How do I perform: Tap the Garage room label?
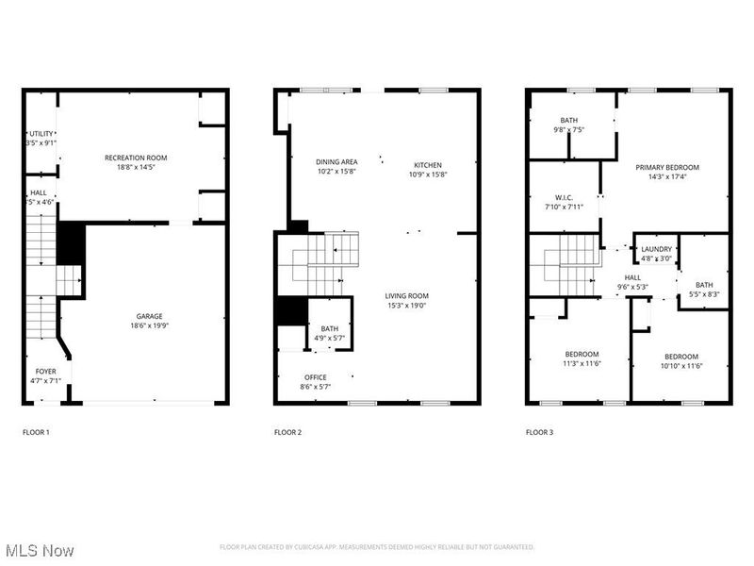click(x=149, y=316)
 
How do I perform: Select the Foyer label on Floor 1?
click(x=45, y=371)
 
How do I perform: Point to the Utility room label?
click(x=41, y=134)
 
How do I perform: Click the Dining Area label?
click(x=336, y=162)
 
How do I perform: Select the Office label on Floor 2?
click(x=315, y=376)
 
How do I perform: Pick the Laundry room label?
click(x=656, y=249)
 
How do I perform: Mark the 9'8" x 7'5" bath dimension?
click(x=568, y=130)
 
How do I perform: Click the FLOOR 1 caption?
click(x=36, y=432)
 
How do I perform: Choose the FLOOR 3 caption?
click(x=539, y=432)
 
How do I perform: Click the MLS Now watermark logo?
click(x=40, y=549)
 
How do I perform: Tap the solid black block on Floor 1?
click(x=72, y=244)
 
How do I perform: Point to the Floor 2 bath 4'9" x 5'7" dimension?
click(x=330, y=339)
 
